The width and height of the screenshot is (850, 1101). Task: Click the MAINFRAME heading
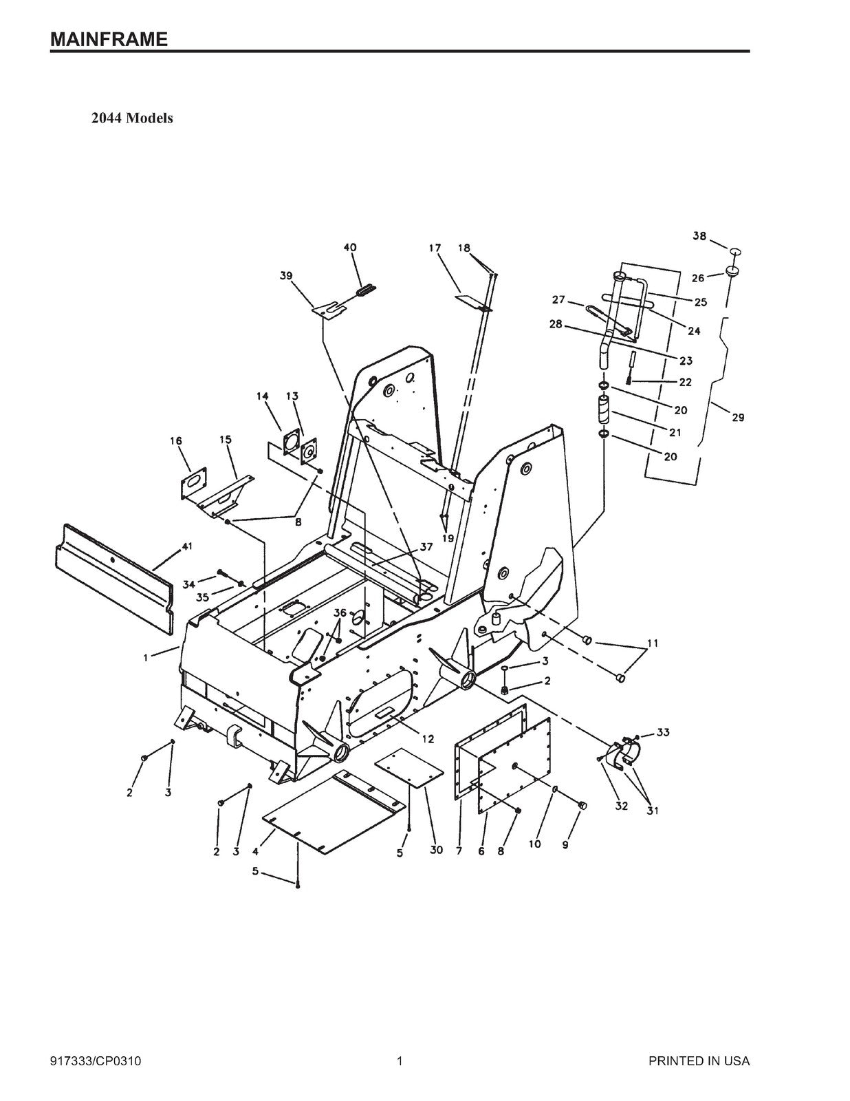coord(109,39)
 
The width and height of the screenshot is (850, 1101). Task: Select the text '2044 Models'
coord(132,118)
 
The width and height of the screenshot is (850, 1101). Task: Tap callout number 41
coord(186,546)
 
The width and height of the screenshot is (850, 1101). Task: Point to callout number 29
coord(737,417)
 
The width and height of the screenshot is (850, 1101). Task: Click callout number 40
coord(350,248)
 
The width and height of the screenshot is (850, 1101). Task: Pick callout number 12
coord(428,739)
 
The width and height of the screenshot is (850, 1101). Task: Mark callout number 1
coord(146,658)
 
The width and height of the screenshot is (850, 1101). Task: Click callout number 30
coord(436,851)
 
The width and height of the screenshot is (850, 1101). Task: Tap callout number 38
coord(699,236)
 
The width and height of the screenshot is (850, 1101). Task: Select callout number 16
coord(176,441)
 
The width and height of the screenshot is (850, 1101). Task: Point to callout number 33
coord(662,732)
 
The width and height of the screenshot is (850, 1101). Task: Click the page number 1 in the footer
coord(400,1061)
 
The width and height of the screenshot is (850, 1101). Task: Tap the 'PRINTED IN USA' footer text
coord(699,1061)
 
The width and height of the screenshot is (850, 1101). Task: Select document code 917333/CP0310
coord(96,1061)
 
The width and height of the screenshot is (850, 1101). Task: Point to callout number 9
coord(565,844)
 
